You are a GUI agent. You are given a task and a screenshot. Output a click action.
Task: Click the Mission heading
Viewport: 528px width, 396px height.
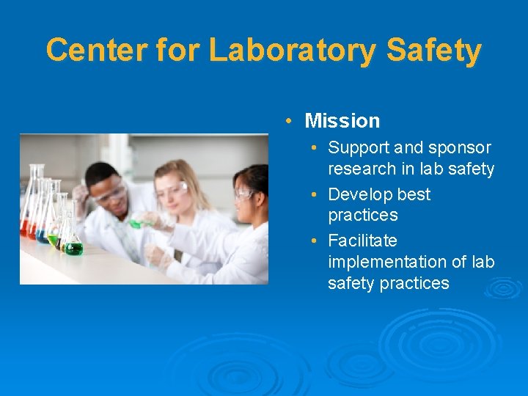pos(342,121)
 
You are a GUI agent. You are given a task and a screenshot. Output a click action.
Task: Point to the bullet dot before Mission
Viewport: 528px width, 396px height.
pos(290,121)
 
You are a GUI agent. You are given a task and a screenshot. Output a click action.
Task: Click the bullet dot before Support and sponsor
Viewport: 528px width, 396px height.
pos(313,148)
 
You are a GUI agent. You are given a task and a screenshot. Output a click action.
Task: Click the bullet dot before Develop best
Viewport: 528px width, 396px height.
pos(313,195)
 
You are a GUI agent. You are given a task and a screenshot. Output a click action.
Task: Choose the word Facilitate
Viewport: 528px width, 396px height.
pos(362,241)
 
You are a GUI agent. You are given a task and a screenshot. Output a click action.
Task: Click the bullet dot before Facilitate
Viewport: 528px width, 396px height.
pos(313,241)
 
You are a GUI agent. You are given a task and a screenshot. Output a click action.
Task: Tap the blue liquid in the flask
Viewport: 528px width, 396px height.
pos(41,235)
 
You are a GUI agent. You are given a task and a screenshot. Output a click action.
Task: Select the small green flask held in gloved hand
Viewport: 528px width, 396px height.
pos(136,223)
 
